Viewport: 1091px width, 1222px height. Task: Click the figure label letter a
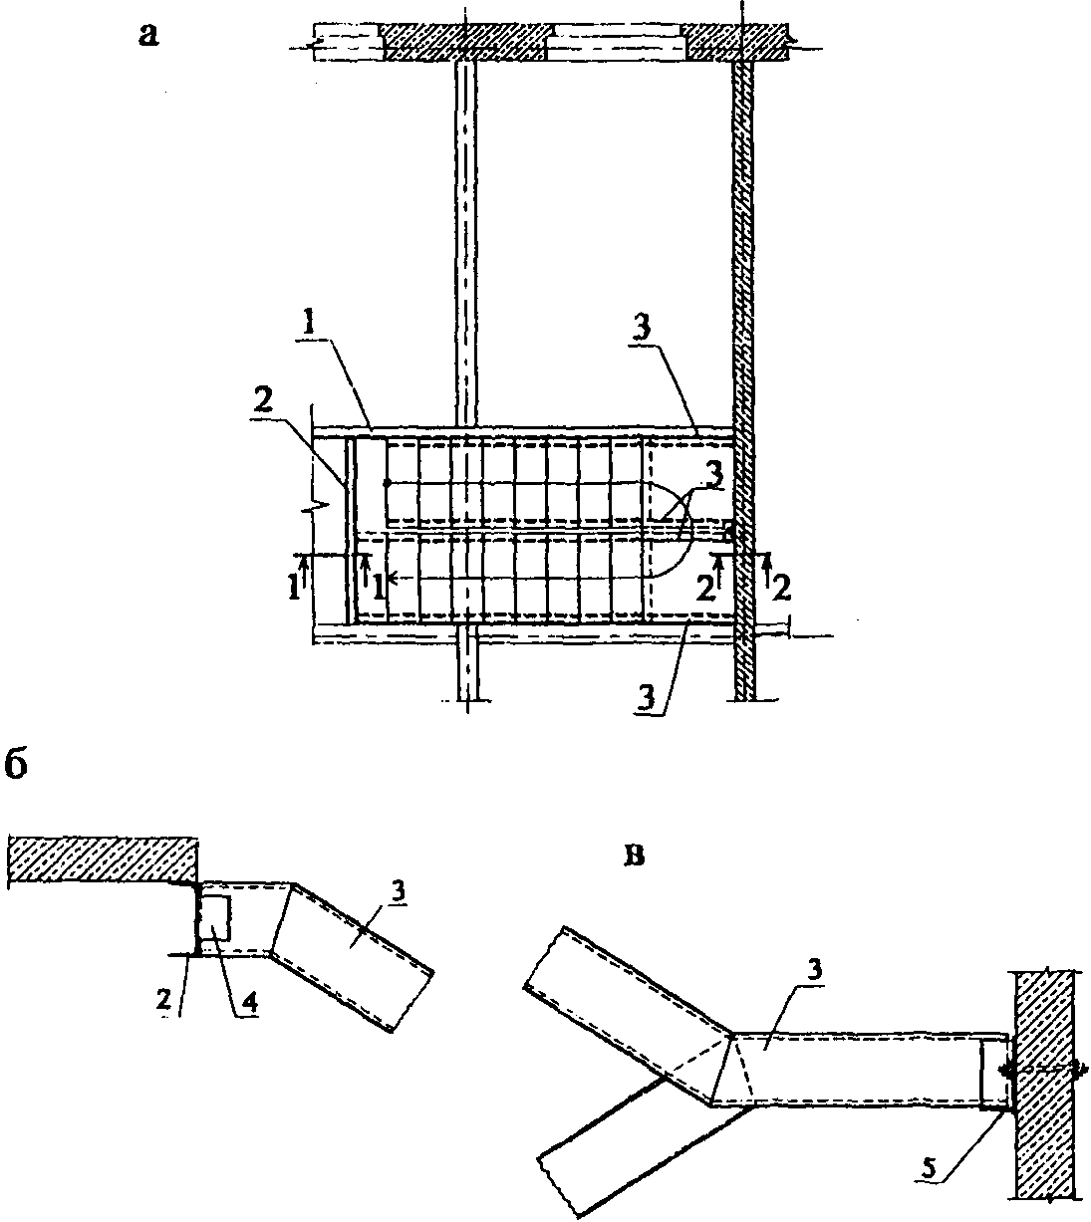point(148,36)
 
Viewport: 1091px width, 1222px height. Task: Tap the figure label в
point(633,856)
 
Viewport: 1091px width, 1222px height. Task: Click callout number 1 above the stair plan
point(309,325)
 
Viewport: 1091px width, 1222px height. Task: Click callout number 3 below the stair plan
point(647,699)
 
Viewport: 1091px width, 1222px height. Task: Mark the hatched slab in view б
point(103,860)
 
